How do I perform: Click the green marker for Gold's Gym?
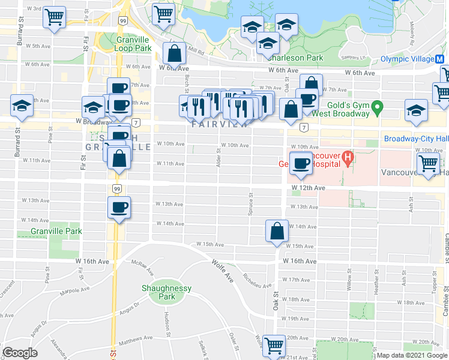[x=378, y=108]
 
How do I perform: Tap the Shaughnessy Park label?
[x=166, y=292]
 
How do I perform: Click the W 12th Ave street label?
[x=309, y=188]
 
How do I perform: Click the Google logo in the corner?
[x=20, y=353]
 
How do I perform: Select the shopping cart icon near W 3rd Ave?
[x=55, y=17]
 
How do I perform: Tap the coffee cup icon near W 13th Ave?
[x=119, y=208]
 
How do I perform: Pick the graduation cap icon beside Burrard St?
[x=22, y=106]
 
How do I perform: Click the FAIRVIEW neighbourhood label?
[x=220, y=125]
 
